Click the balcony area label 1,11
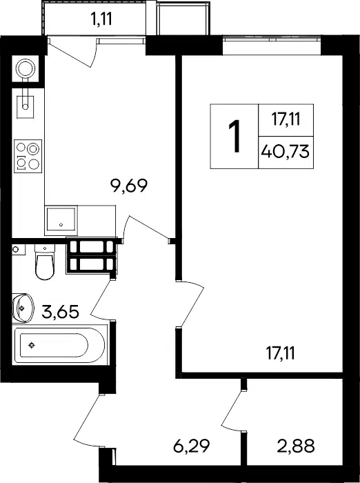click(x=101, y=20)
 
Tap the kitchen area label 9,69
click(x=130, y=186)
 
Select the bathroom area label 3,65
click(x=61, y=312)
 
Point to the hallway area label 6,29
click(x=192, y=446)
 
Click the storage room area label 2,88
click(x=296, y=446)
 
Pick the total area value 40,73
click(x=286, y=152)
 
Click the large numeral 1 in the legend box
click(x=235, y=136)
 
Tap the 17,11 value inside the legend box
click(x=286, y=119)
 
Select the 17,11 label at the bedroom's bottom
click(x=280, y=353)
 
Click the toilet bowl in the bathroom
click(x=45, y=262)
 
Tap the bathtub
click(x=60, y=345)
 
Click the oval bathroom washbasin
click(x=23, y=308)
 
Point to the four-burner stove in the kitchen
click(x=28, y=156)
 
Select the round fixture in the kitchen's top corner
click(x=26, y=69)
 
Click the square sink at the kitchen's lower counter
click(x=61, y=219)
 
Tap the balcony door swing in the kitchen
click(x=72, y=52)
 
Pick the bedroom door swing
click(x=191, y=304)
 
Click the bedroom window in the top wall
click(x=272, y=46)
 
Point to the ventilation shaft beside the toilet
click(x=92, y=256)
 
